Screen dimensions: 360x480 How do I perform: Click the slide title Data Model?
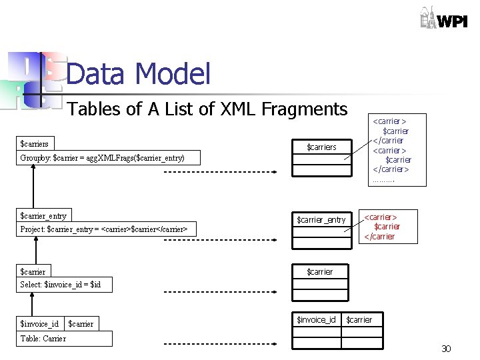coord(139,74)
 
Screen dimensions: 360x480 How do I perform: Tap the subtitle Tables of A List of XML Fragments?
coord(207,109)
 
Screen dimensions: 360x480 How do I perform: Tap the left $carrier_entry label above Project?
coord(44,215)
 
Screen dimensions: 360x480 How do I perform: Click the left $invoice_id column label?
coord(39,324)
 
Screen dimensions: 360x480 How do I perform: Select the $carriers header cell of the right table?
coord(321,147)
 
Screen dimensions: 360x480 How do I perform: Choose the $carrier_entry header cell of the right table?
coord(321,220)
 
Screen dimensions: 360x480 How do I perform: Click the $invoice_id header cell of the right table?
coord(316,320)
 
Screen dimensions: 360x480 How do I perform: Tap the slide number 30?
coord(446,349)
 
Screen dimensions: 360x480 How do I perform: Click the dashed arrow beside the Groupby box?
coord(220,172)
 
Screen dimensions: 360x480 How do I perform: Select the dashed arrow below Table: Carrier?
coord(220,345)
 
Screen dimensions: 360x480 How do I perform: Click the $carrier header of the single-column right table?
coord(320,272)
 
